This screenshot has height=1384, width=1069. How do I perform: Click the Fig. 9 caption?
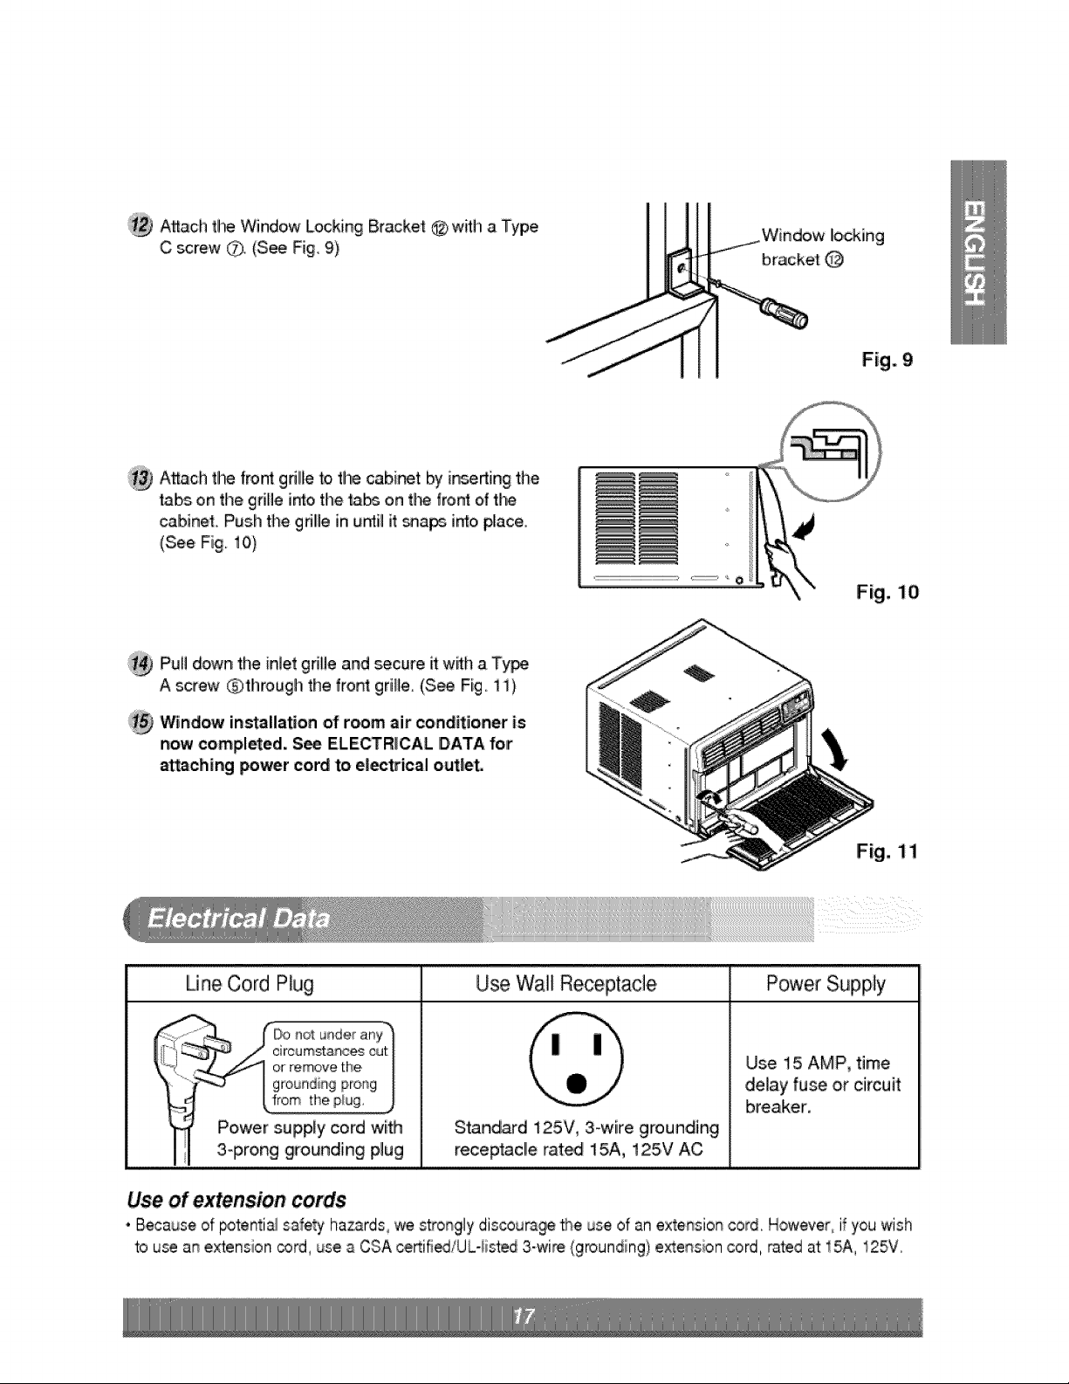pos(887,361)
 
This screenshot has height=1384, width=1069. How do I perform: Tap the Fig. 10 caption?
pos(887,593)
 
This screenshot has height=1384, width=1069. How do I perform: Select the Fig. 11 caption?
pos(887,851)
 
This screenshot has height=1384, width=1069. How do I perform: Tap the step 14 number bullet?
pos(140,663)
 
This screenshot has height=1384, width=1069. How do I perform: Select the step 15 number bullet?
pos(140,721)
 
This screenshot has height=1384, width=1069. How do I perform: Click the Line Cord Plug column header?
pos(250,985)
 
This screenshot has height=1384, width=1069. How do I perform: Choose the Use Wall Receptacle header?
pos(565,984)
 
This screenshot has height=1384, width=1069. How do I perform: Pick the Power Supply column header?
pos(826,985)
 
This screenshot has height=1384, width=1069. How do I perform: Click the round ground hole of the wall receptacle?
pos(576,1083)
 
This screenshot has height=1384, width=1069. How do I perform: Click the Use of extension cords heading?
pos(236,1200)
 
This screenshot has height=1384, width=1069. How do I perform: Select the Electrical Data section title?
pos(238,919)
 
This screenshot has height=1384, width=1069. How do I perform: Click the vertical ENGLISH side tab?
pos(978,252)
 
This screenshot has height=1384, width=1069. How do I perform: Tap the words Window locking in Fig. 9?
pos(823,236)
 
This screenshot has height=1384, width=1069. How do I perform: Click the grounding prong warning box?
pos(329,1067)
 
